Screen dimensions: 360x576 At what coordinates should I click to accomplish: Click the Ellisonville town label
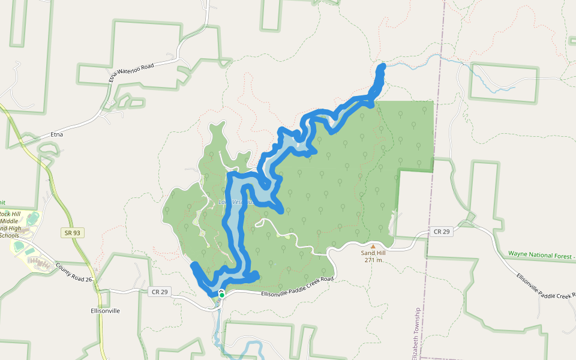[105, 311]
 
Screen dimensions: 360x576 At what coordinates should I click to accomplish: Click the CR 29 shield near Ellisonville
[156, 292]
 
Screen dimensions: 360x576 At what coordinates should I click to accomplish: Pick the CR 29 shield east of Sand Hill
[442, 232]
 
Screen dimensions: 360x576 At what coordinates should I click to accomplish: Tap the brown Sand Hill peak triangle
[373, 246]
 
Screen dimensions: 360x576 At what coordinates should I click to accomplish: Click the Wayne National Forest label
[541, 254]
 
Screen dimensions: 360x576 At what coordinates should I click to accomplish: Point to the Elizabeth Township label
[416, 334]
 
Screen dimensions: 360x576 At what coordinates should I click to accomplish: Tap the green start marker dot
[221, 295]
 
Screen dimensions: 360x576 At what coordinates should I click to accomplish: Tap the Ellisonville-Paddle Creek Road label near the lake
[297, 287]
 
